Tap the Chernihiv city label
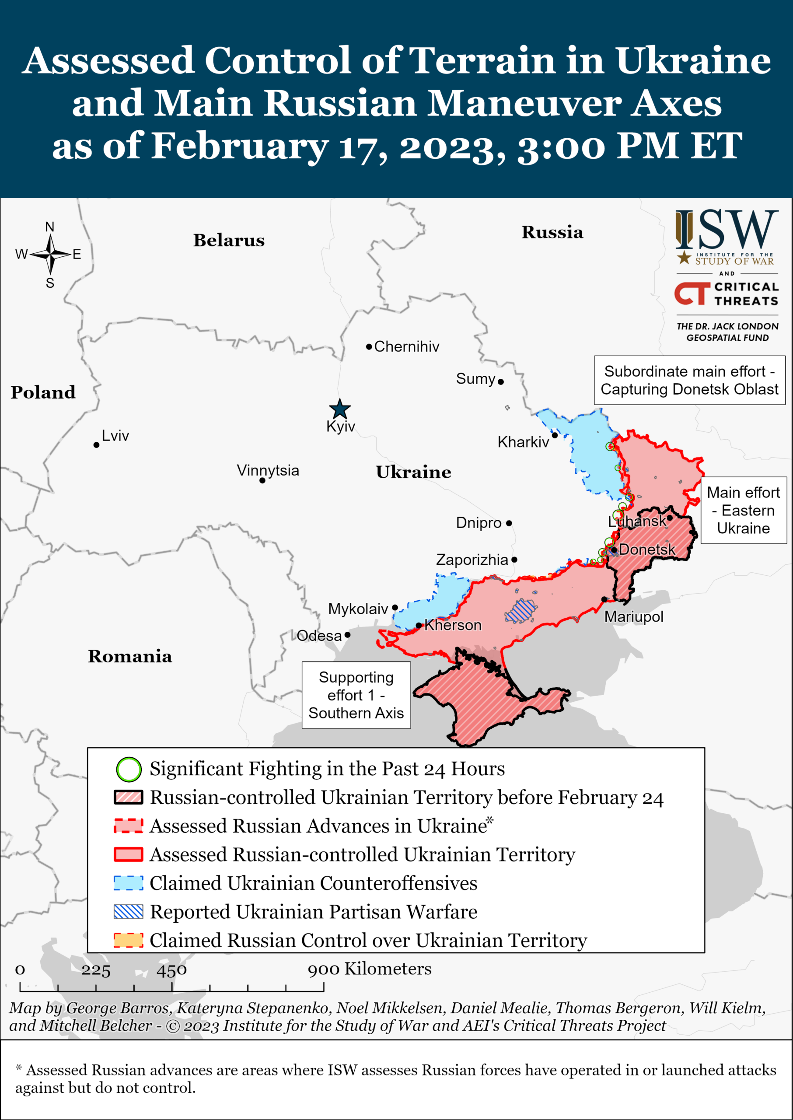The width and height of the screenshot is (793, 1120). click(x=406, y=346)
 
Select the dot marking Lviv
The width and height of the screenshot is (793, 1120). click(x=96, y=445)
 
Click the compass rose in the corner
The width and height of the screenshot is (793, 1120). click(x=50, y=255)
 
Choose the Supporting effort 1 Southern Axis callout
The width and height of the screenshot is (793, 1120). click(x=356, y=695)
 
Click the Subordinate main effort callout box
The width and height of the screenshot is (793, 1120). click(x=689, y=380)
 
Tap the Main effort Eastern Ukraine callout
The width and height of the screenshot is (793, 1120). click(x=743, y=510)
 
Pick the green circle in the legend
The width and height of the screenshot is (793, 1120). click(x=129, y=769)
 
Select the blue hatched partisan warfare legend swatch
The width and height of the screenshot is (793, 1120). click(x=129, y=911)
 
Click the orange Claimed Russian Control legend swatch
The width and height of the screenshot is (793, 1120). click(x=129, y=940)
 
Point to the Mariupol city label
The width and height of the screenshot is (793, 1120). click(x=633, y=617)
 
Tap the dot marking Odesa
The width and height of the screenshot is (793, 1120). click(x=347, y=635)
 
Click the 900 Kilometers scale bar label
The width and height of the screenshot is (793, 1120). click(x=369, y=969)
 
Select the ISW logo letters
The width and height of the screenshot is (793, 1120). click(x=727, y=230)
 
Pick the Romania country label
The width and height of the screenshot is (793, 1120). click(x=130, y=656)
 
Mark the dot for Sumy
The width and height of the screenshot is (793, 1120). click(x=500, y=382)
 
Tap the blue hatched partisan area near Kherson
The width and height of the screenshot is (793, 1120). click(x=521, y=611)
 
